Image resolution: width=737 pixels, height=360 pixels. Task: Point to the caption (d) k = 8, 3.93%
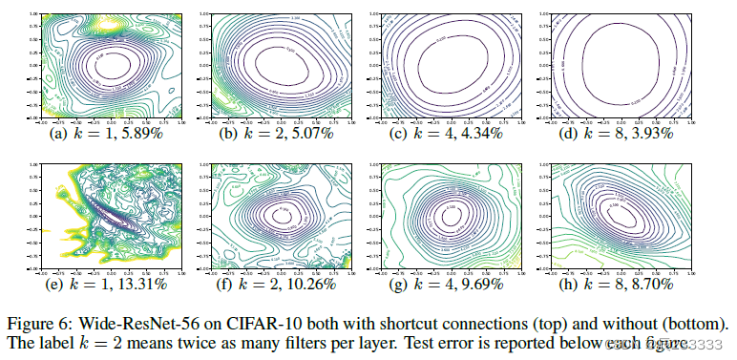click(632, 134)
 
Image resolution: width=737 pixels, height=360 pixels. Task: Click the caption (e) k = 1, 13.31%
click(102, 284)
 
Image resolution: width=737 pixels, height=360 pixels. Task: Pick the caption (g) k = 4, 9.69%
click(456, 284)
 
